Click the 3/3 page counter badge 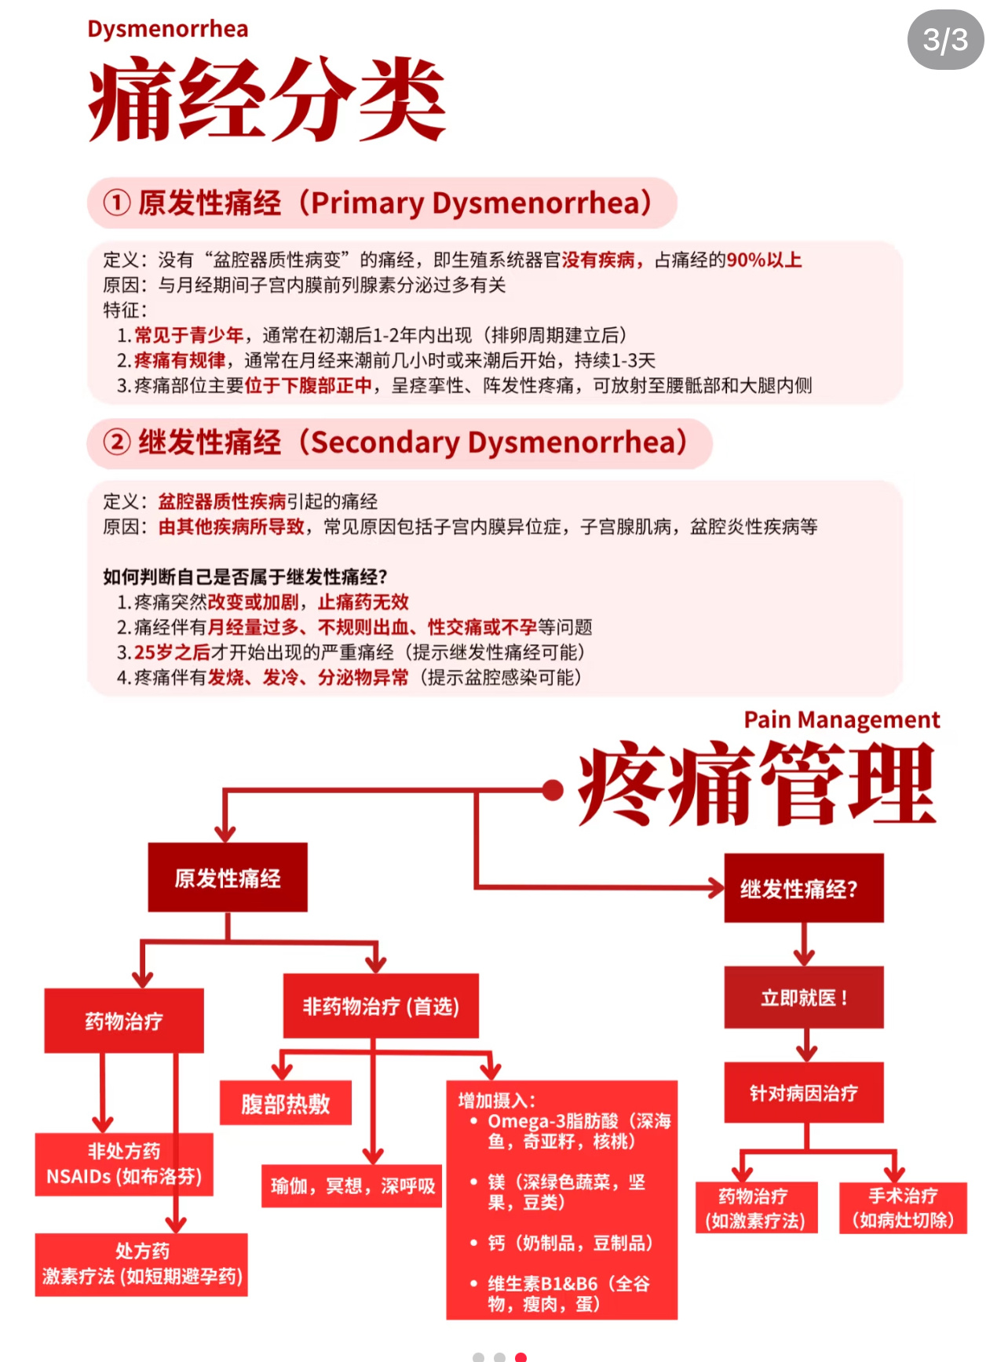pyautogui.click(x=945, y=40)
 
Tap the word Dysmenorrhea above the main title pyautogui.click(x=167, y=29)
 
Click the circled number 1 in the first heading pyautogui.click(x=116, y=203)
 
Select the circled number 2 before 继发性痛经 pyautogui.click(x=116, y=442)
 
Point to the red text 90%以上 pyautogui.click(x=764, y=260)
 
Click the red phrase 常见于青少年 pyautogui.click(x=188, y=336)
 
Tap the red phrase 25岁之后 pyautogui.click(x=172, y=653)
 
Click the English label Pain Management pyautogui.click(x=842, y=719)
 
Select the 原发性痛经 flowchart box pyautogui.click(x=228, y=878)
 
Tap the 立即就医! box pyautogui.click(x=804, y=998)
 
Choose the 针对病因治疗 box pyautogui.click(x=804, y=1093)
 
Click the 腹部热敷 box pyautogui.click(x=286, y=1104)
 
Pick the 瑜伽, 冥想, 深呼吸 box pyautogui.click(x=352, y=1185)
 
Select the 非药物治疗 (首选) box pyautogui.click(x=381, y=1006)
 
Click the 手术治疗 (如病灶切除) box pyautogui.click(x=903, y=1208)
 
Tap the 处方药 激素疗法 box pyautogui.click(x=141, y=1264)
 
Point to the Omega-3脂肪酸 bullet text pyautogui.click(x=579, y=1131)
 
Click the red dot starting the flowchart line pyautogui.click(x=553, y=790)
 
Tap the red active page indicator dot pyautogui.click(x=520, y=1357)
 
